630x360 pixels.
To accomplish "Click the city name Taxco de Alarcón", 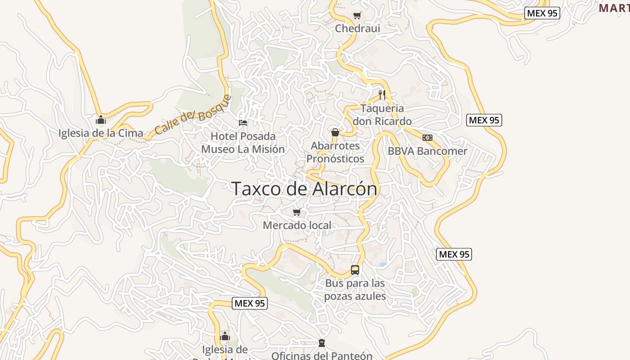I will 304,189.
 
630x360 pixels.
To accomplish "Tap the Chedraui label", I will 357,28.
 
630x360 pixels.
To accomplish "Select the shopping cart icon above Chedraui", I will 357,16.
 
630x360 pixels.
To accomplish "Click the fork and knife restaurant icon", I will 382,94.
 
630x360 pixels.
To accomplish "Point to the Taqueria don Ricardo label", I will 382,115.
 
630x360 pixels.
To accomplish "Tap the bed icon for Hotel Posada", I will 243,122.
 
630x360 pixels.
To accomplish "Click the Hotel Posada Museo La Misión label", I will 243,142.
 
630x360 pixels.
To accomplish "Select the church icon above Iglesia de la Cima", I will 101,120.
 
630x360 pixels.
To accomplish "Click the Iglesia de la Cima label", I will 101,133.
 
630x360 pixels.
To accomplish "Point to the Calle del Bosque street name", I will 193,115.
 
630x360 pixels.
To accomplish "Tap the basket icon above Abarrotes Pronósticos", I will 335,132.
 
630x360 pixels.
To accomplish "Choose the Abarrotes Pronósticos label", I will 335,152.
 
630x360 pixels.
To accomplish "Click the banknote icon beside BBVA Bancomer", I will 427,138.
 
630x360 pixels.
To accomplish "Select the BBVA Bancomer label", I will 427,151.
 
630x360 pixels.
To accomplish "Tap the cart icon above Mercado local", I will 297,212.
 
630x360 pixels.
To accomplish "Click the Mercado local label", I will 297,225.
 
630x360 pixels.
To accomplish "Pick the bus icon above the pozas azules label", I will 355,270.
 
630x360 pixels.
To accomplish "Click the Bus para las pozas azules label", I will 355,289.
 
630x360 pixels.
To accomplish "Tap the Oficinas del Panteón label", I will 322,355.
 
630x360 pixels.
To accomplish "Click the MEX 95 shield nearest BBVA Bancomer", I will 484,120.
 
